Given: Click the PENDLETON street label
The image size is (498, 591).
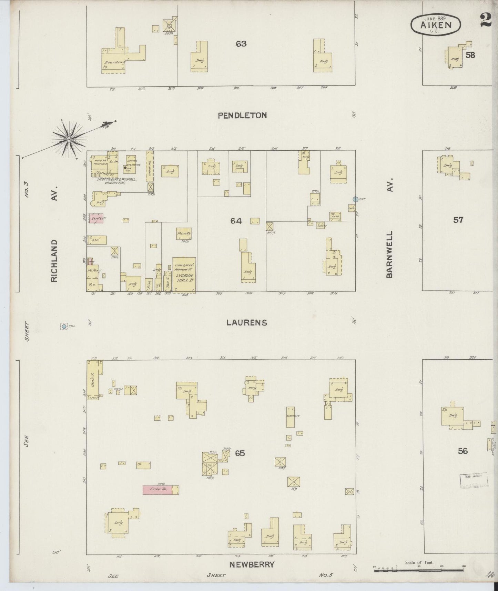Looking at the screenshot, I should tap(242, 116).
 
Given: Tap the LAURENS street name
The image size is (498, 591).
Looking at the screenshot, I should tap(247, 323).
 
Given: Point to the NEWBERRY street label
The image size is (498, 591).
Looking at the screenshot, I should tap(251, 564).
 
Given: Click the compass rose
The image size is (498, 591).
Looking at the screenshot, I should tap(69, 139).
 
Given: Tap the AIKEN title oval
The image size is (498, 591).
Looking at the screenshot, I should tap(436, 25).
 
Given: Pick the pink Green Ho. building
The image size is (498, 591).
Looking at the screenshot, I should tap(157, 490).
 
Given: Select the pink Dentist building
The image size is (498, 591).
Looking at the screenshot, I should tap(96, 218).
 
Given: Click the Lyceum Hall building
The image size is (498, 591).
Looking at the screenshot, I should tap(184, 275).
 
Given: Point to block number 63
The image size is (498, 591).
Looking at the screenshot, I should tap(241, 44).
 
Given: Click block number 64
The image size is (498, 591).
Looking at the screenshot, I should tap(236, 221).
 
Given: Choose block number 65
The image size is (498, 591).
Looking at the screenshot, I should tap(240, 453).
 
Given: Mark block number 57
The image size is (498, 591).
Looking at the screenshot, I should tap(458, 220).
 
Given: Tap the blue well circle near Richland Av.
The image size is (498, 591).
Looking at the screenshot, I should tap(64, 326).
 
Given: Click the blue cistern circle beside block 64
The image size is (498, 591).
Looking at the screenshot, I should tap(355, 199).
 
